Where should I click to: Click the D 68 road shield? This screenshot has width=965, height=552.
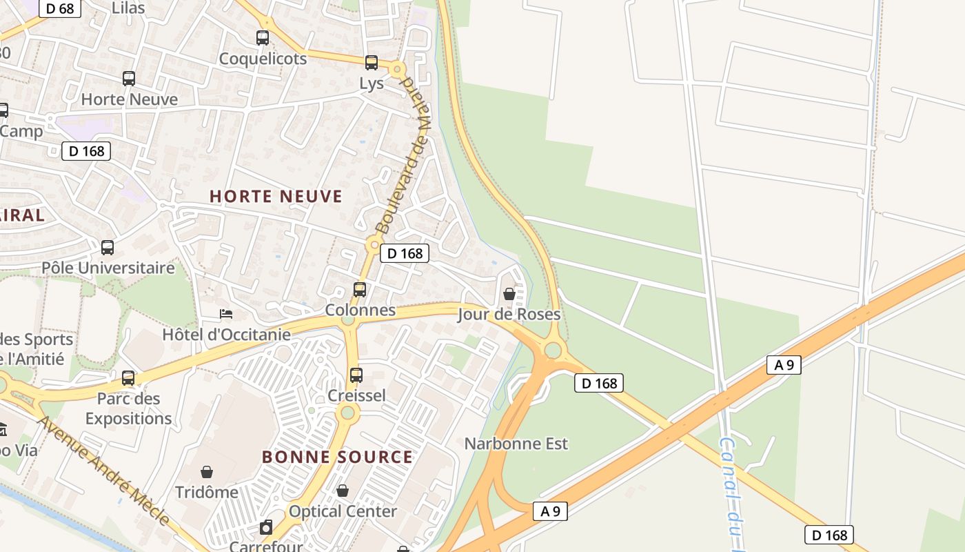(61, 8)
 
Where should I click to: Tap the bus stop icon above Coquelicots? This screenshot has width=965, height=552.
(263, 38)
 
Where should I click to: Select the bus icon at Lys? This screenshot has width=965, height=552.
(372, 63)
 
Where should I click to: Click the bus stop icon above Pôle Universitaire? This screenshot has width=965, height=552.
(108, 247)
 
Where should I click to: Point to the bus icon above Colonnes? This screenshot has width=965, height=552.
(360, 290)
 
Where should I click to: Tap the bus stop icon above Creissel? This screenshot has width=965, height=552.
(356, 375)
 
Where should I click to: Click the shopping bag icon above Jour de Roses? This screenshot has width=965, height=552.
(509, 294)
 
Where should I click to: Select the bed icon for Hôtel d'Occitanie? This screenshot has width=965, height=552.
(225, 314)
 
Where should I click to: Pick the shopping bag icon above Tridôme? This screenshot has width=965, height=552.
(206, 472)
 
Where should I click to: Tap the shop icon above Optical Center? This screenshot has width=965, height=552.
(343, 491)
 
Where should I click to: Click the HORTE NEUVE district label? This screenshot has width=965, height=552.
(276, 197)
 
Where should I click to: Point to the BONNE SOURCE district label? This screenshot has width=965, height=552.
(337, 457)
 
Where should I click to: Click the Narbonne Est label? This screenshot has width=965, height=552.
(516, 443)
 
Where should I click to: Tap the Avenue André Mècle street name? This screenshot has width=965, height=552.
(103, 469)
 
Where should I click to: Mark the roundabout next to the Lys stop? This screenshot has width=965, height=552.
(396, 69)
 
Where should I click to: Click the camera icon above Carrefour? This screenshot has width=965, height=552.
(266, 528)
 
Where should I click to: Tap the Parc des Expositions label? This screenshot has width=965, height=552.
(128, 408)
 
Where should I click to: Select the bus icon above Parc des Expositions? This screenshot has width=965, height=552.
(128, 378)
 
